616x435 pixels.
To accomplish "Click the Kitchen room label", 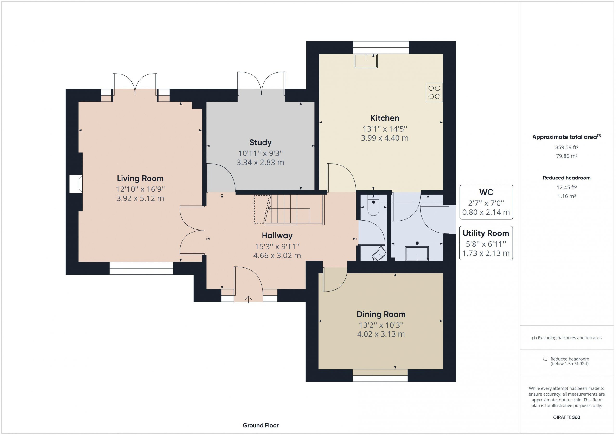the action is [x=385, y=118].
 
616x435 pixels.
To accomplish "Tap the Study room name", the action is [x=260, y=142].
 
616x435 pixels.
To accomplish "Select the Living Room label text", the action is [x=140, y=178].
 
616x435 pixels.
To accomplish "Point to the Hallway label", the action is [x=277, y=236].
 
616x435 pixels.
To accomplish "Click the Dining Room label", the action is [x=381, y=314].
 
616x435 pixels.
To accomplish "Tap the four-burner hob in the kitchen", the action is [x=434, y=92].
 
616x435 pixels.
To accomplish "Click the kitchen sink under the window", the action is [x=366, y=61].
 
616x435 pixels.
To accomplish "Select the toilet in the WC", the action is [x=373, y=205].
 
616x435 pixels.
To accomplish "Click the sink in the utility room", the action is [x=417, y=253].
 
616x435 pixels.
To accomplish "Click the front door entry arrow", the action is [x=248, y=299].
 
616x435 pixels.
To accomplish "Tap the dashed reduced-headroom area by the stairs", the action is [x=262, y=209].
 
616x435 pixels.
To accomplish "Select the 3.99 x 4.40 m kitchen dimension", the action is [x=385, y=138].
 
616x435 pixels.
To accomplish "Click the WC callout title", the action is [x=486, y=192].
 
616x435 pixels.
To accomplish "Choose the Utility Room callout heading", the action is [x=486, y=233].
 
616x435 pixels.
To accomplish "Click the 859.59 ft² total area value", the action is [x=567, y=147].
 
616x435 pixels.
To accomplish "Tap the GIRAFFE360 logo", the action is [x=567, y=417].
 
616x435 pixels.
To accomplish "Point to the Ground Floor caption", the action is [x=261, y=425].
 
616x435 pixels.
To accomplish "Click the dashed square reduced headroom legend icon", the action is [x=545, y=359].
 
